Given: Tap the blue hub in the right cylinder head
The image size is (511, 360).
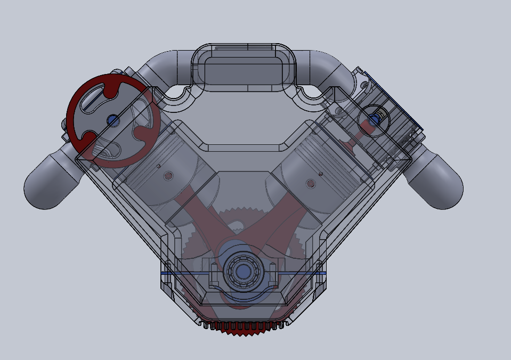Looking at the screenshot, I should (x=374, y=120).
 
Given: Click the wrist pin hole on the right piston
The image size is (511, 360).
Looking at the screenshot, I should (x=310, y=183).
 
